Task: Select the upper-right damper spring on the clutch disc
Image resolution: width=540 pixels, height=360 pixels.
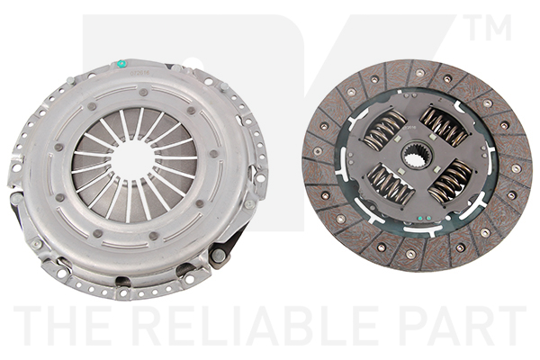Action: point(445,127)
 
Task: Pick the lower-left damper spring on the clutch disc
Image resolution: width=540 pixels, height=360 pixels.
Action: point(391,184)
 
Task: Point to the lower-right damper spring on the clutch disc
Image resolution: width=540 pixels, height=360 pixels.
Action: point(450,181)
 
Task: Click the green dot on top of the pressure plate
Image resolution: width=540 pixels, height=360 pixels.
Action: point(121,63)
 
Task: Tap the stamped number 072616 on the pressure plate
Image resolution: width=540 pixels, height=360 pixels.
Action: point(137,73)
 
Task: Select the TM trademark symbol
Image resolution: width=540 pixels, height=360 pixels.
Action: point(490,27)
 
